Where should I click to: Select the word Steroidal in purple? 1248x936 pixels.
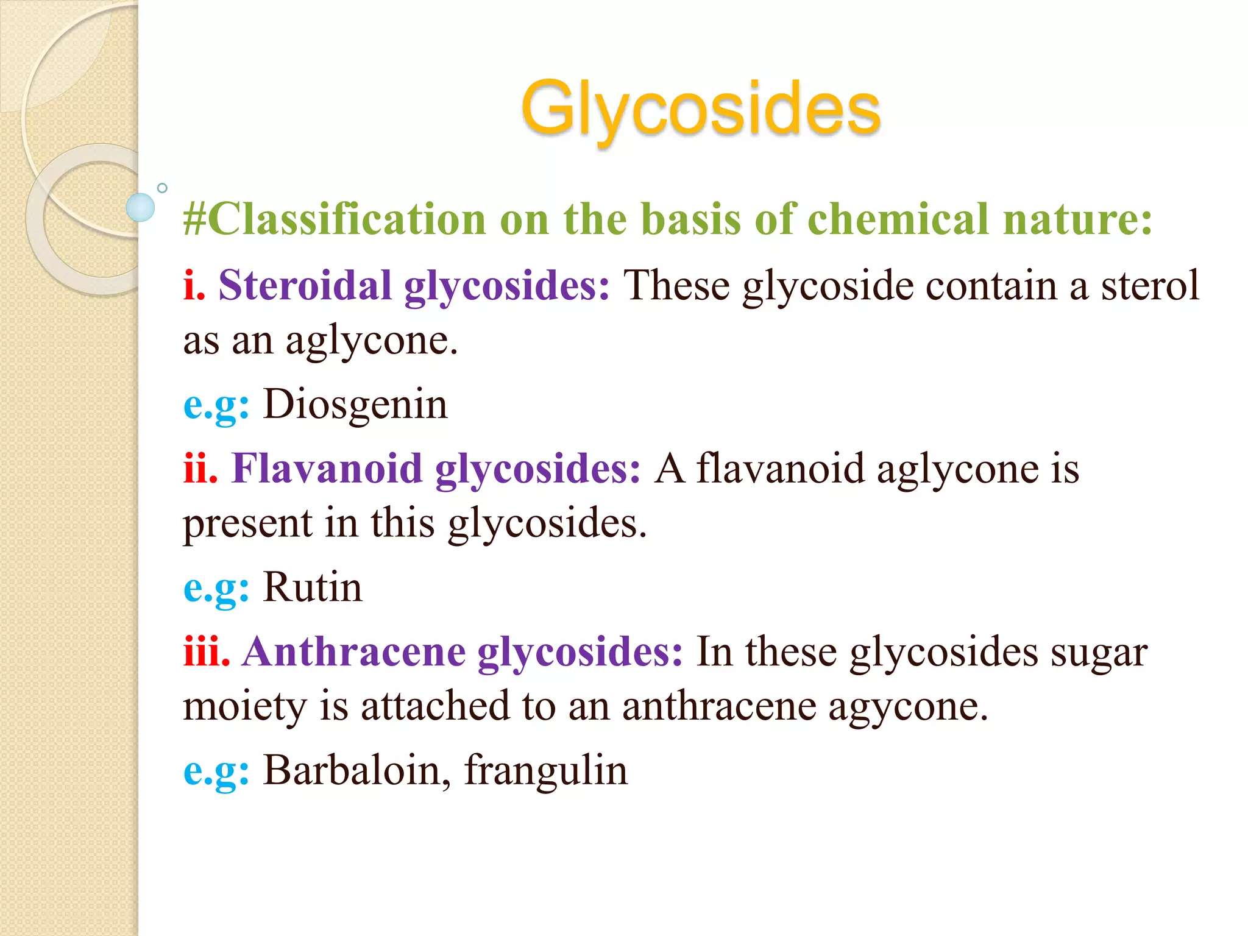click(305, 285)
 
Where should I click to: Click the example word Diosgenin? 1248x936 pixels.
click(355, 405)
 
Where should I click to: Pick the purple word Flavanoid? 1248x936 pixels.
click(327, 469)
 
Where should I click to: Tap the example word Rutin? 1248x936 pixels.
click(312, 587)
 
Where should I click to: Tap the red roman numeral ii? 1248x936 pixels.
click(200, 469)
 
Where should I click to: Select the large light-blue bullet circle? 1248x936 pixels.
click(140, 207)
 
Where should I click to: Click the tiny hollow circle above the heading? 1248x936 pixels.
click(162, 188)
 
